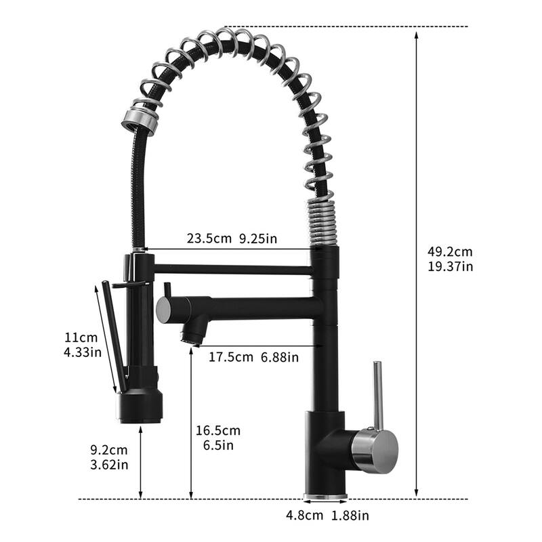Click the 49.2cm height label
coord(450,251)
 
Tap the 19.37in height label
coord(450,266)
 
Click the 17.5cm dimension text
coord(230,356)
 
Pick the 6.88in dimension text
coord(279,356)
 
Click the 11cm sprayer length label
coord(81,337)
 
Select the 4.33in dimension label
coord(81,352)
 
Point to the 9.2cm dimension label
coord(108,450)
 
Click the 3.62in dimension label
coord(108,465)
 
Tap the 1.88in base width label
coord(350,516)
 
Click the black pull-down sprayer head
coord(140,404)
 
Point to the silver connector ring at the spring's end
coord(140,119)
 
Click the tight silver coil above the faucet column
coord(322,221)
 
